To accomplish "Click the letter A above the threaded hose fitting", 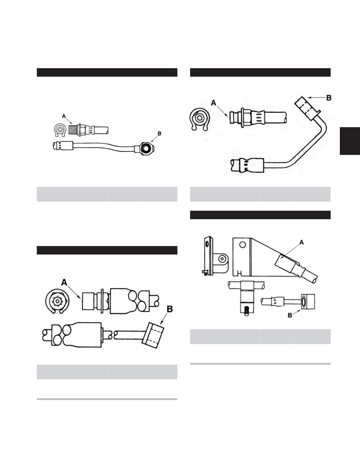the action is click(x=64, y=116).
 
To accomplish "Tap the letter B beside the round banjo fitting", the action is click(x=159, y=133).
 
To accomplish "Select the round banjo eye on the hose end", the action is click(x=146, y=148).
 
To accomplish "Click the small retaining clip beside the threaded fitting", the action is click(x=60, y=130).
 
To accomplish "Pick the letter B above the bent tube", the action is click(x=329, y=98).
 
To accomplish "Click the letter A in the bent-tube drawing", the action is click(x=213, y=103).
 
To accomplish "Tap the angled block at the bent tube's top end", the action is click(x=306, y=107).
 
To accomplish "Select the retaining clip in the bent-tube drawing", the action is click(x=200, y=119).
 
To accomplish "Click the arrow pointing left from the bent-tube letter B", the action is click(x=317, y=98).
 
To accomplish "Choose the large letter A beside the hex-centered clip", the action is click(x=64, y=282).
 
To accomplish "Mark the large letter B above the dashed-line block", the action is click(x=170, y=309).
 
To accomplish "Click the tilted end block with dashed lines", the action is click(x=153, y=335).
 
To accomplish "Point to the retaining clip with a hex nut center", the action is click(x=57, y=301).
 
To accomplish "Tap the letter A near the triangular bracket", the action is click(x=302, y=242).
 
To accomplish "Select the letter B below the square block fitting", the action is click(x=290, y=315).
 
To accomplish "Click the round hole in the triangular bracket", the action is click(x=242, y=245).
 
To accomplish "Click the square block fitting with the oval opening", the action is click(x=308, y=302).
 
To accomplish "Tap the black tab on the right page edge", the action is click(x=350, y=141).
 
